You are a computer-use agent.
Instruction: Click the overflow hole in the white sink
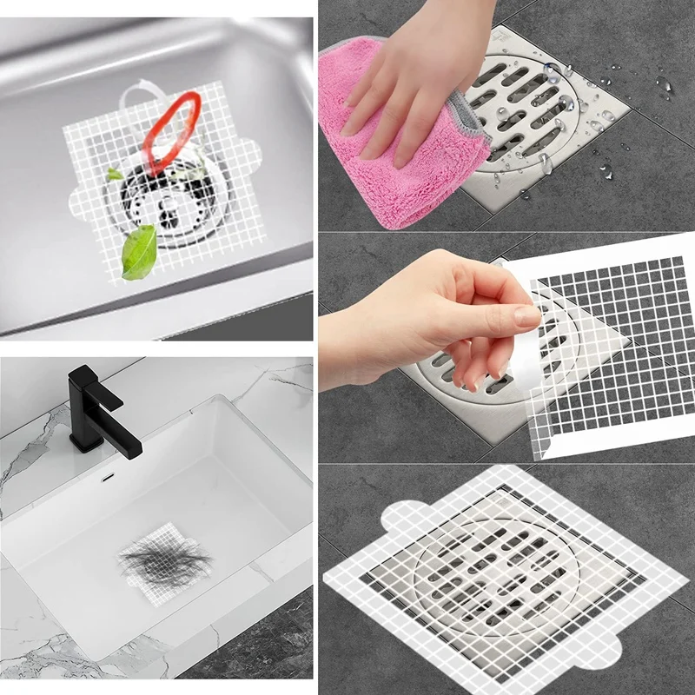[107, 477]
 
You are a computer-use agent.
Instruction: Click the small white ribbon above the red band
[139, 91]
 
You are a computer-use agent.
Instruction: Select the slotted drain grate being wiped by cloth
[539, 113]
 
